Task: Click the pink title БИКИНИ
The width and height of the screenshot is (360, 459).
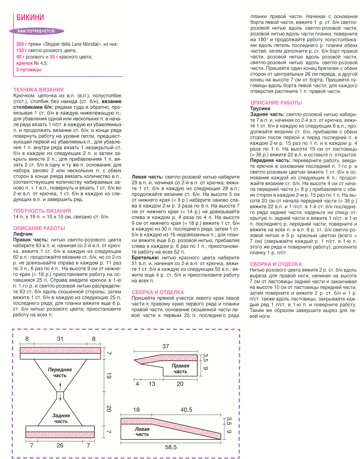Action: click(x=30, y=18)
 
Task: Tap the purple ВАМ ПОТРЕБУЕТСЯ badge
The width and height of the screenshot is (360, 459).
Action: click(x=36, y=31)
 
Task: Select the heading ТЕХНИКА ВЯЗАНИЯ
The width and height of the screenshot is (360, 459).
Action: click(x=39, y=90)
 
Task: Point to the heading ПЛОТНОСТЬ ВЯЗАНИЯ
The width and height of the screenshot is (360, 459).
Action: click(x=42, y=211)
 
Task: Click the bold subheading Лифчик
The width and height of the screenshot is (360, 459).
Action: click(x=23, y=234)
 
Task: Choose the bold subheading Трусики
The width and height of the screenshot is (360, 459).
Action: click(x=260, y=108)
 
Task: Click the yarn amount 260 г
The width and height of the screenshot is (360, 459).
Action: click(x=22, y=44)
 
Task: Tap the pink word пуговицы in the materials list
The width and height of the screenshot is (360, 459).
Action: click(x=31, y=70)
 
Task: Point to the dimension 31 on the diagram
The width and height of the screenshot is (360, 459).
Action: click(x=60, y=339)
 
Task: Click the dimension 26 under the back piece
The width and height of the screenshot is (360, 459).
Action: click(x=60, y=446)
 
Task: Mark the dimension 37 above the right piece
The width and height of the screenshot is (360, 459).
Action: click(x=165, y=346)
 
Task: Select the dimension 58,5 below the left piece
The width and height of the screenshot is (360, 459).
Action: click(x=171, y=447)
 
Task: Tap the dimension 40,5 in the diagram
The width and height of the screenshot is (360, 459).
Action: click(x=186, y=410)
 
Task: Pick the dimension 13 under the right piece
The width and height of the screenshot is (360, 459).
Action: click(x=152, y=384)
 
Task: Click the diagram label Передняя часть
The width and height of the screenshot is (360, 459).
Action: click(x=60, y=372)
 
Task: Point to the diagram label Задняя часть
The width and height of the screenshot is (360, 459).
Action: click(x=61, y=418)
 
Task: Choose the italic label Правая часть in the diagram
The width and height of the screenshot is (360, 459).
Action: click(x=180, y=369)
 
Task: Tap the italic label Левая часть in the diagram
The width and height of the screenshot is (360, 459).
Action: click(x=142, y=432)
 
